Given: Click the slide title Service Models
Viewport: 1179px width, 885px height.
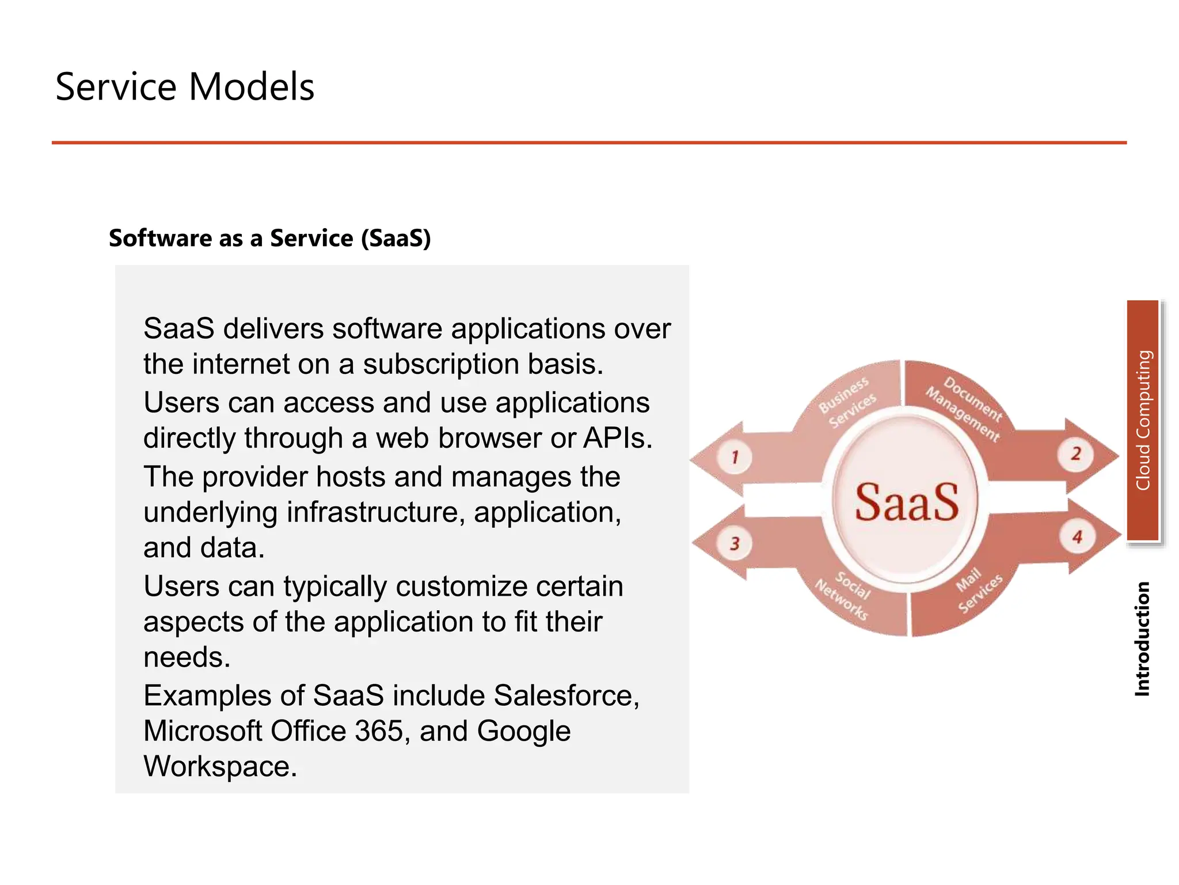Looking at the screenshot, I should click(184, 87).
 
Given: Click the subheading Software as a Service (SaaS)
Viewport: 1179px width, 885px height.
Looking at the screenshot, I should click(269, 238).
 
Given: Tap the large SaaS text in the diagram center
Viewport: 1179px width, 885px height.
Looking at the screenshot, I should click(906, 502).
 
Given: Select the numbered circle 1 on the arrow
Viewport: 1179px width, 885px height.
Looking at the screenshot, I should click(735, 457).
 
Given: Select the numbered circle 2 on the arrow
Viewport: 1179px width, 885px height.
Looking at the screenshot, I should click(1075, 454).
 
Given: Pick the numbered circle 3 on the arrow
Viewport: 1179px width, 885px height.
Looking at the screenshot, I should click(735, 543).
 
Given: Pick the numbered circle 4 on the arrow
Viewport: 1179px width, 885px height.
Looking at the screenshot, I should click(1077, 538).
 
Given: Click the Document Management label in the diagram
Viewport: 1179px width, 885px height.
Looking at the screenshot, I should click(965, 408).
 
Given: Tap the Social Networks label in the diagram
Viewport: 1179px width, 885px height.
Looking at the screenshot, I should click(844, 595).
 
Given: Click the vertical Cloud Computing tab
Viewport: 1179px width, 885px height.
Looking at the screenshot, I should click(1143, 420).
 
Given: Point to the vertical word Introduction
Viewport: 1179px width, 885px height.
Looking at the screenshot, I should click(1142, 638).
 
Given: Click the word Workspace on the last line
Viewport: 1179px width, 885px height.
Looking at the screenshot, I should click(220, 766).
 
